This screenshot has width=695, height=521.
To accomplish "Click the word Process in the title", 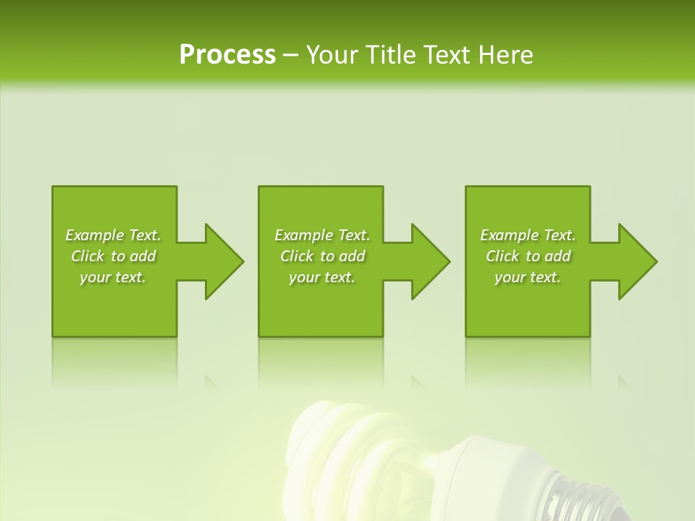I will coord(227,55).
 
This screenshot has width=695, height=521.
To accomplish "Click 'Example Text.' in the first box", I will coord(113,235).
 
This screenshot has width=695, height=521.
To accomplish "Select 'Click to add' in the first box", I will coord(113,256).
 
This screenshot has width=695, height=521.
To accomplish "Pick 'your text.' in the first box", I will coord(113,277).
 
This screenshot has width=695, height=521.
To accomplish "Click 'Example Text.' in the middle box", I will coord(322,235).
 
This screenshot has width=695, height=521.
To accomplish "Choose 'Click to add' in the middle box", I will coord(322,256).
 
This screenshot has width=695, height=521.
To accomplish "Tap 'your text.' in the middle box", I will coord(322,277).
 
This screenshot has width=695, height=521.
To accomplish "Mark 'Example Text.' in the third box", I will coord(528,235).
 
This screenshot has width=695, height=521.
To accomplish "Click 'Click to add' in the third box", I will coord(528,256).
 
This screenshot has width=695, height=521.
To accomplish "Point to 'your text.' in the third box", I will coord(528,277).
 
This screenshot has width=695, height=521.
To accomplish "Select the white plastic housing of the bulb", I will coord(492,470).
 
